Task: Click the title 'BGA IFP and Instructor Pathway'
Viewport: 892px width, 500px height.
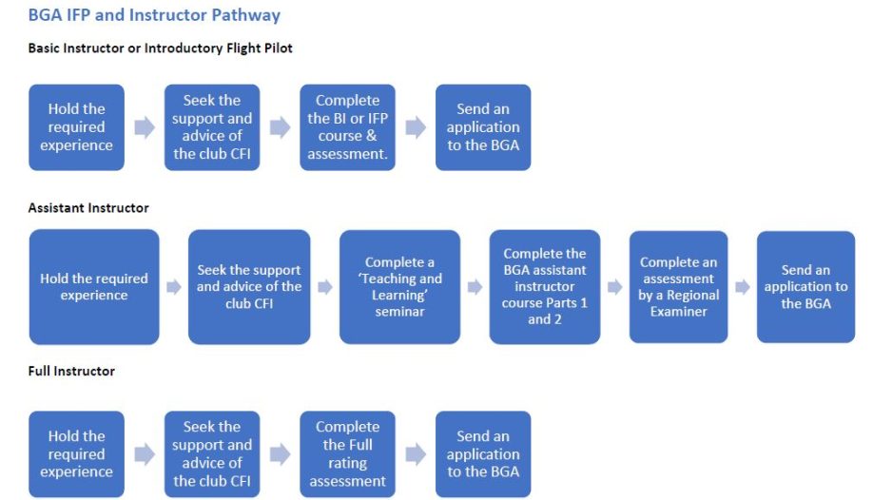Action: [154, 15]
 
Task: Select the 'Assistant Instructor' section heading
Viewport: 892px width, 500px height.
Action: [88, 207]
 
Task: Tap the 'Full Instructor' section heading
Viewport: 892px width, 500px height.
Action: [71, 371]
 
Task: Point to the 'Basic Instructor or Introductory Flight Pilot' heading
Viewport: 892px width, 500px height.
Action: [160, 48]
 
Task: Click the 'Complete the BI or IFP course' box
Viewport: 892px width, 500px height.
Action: [347, 127]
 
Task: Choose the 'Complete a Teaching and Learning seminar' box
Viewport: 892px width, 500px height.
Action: [399, 286]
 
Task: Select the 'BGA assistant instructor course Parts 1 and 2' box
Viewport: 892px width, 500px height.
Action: [545, 286]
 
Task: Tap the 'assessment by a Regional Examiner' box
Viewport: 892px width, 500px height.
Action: [678, 286]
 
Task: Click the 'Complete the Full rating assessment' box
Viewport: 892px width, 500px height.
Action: [347, 454]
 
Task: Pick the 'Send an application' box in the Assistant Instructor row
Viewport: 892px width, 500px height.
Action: [805, 286]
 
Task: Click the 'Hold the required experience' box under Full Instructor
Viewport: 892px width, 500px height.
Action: [76, 454]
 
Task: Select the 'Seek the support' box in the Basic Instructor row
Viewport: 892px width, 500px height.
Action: [212, 127]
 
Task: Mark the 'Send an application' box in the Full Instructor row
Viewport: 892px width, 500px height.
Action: [483, 454]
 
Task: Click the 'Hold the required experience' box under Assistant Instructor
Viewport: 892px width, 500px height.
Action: [94, 286]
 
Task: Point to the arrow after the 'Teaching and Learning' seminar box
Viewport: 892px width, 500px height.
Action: [475, 286]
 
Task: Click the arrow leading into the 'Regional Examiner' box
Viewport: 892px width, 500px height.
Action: [614, 286]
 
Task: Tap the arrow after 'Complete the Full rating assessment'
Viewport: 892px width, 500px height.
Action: [416, 454]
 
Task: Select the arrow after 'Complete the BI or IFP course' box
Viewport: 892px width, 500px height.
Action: [416, 127]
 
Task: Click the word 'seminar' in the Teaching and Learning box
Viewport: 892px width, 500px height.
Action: [399, 311]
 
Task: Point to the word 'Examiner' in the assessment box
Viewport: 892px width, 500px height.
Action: [678, 311]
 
